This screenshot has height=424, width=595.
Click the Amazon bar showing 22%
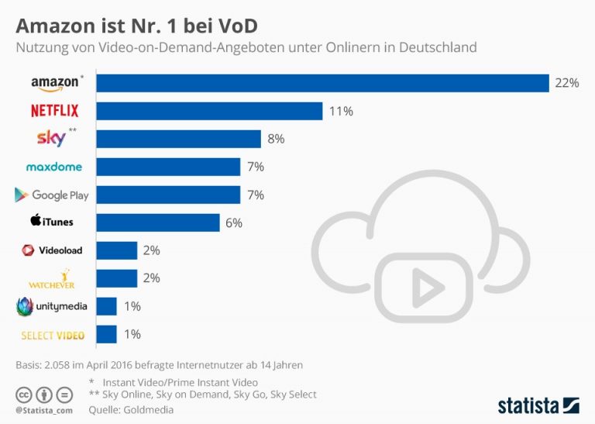(322, 83)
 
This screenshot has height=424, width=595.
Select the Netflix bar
(208, 111)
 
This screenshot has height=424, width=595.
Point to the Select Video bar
(106, 334)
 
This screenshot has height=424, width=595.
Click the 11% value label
(341, 111)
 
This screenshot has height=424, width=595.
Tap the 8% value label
(276, 139)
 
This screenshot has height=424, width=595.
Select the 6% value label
(233, 222)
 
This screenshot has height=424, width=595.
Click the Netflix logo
(54, 111)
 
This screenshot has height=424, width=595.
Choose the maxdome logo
(53, 167)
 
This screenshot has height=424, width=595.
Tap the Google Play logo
(51, 195)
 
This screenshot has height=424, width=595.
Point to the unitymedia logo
(51, 306)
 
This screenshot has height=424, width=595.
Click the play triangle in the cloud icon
(422, 288)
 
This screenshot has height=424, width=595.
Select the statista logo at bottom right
(538, 405)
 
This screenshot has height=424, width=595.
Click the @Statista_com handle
(43, 409)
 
